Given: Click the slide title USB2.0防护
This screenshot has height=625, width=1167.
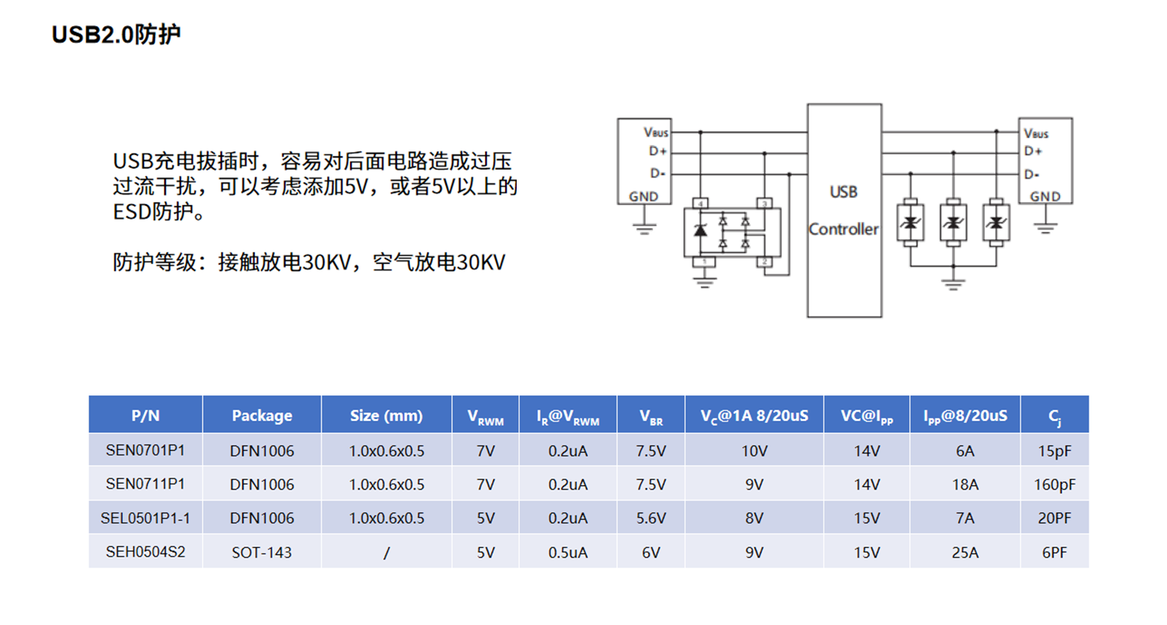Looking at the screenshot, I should pos(116,35).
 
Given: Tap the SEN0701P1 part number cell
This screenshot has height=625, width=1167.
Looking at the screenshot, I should pos(145,451).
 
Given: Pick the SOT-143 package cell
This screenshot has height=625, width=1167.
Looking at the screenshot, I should pos(262,552).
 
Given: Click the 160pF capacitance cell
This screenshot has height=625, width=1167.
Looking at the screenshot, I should pos(1054,484).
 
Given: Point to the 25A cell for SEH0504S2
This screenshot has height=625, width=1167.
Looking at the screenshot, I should pos(964,552).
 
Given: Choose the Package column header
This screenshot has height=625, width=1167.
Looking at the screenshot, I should pos(262,415).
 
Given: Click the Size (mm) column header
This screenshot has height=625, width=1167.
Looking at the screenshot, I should pos(386,415).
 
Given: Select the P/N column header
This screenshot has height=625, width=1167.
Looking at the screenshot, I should pos(145,415).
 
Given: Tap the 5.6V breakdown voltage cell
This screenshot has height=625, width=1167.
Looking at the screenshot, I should pos(650,518).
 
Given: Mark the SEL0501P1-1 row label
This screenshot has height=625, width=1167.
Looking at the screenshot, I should pos(145,518).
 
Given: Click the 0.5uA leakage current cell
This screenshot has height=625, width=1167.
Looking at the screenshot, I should pos(567,552).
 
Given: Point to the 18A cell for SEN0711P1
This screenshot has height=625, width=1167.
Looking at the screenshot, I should pos(964,484).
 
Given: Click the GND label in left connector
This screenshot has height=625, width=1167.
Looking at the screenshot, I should pos(643,197).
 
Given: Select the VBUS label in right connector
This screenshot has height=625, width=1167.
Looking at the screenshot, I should pos(1036,134).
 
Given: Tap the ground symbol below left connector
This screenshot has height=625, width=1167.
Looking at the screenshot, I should pos(644,228).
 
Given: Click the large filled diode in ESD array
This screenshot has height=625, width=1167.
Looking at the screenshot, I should pos(700,230).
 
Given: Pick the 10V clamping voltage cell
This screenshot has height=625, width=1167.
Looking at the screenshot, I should pos(754,451).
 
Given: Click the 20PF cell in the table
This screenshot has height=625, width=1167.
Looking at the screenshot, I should pos(1054,518).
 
